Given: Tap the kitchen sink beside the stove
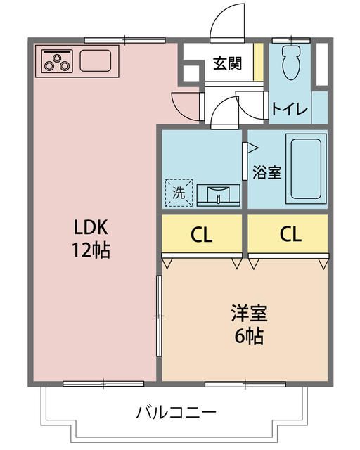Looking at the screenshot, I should click(x=96, y=60).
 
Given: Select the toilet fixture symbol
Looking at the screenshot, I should click(x=290, y=64).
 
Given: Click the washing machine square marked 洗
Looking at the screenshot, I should click(x=179, y=193).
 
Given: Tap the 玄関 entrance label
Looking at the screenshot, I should click(x=228, y=64).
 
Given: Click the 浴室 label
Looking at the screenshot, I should click(x=267, y=172).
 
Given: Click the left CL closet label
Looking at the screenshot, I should click(x=202, y=235).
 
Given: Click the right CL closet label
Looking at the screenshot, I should click(x=289, y=235).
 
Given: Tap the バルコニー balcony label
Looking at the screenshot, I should click(x=176, y=411).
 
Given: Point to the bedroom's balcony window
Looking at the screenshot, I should click(x=245, y=383).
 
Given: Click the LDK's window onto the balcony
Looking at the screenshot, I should click(x=103, y=383).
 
